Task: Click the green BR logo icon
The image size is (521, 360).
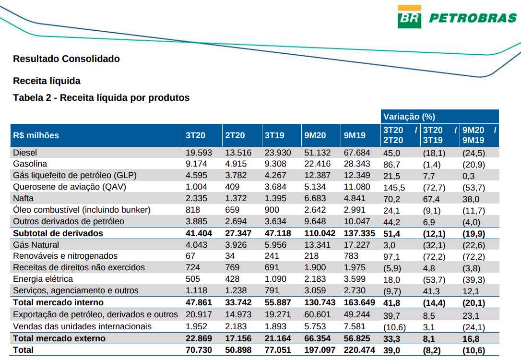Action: pyautogui.click(x=409, y=17)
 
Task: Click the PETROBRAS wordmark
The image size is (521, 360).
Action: pyautogui.click(x=472, y=19)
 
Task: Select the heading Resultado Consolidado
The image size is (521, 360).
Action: pyautogui.click(x=66, y=59)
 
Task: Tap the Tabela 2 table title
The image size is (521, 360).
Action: pyautogui.click(x=101, y=98)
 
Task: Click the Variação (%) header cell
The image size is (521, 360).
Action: pyautogui.click(x=409, y=117)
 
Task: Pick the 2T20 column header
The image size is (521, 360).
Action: pyautogui.click(x=235, y=135)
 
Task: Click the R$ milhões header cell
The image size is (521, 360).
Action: pyautogui.click(x=36, y=135)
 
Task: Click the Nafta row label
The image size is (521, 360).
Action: pyautogui.click(x=24, y=198)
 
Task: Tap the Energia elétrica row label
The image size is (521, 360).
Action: pyautogui.click(x=43, y=279)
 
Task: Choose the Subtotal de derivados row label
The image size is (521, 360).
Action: pyautogui.click(x=58, y=233)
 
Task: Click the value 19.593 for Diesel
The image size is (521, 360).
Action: pyautogui.click(x=198, y=152)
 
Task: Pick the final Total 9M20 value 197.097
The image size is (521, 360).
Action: pyautogui.click(x=320, y=350)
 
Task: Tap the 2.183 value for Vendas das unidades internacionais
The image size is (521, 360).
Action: pyautogui.click(x=236, y=326)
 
